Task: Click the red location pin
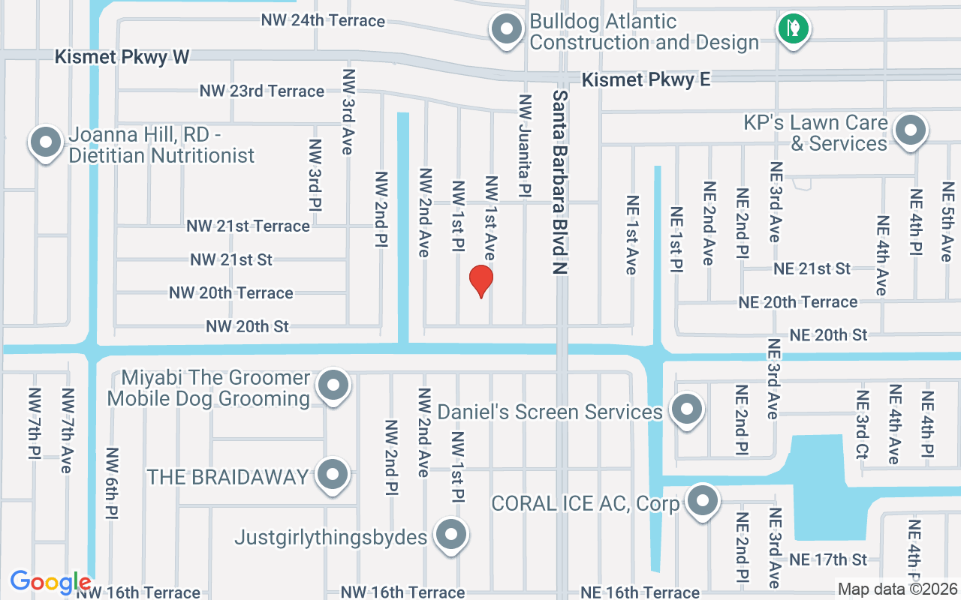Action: (x=480, y=281)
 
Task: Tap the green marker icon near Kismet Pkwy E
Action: (x=792, y=29)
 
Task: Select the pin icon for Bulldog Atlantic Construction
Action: (x=506, y=30)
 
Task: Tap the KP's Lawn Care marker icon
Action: (x=911, y=130)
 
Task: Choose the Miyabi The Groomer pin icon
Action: (x=333, y=386)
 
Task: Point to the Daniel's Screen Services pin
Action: (x=685, y=410)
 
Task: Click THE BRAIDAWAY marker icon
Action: (x=333, y=474)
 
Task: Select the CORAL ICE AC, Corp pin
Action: (x=703, y=500)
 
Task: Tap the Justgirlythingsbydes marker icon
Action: (x=450, y=535)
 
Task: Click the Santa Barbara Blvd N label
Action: (x=561, y=183)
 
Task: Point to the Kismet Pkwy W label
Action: (x=122, y=57)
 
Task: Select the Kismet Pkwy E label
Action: (x=646, y=79)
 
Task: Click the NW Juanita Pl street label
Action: (x=525, y=145)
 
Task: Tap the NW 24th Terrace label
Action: (x=323, y=20)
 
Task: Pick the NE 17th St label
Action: (x=829, y=559)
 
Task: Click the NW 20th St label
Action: (x=248, y=326)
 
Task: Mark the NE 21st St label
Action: (x=812, y=268)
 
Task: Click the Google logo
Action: (x=50, y=582)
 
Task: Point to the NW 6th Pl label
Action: (x=113, y=484)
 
